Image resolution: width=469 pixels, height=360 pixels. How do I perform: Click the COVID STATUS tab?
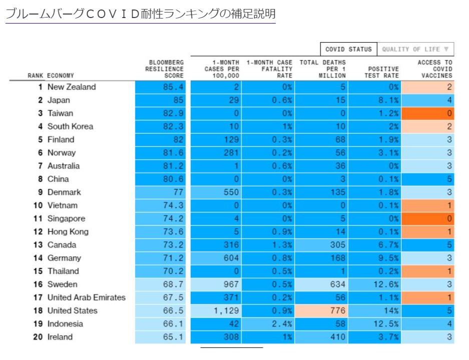click(x=348, y=49)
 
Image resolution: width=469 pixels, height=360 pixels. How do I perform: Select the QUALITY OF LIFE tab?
click(x=415, y=49)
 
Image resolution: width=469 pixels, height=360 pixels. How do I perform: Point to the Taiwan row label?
click(x=60, y=113)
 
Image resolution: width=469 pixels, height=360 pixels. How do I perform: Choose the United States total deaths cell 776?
click(x=321, y=310)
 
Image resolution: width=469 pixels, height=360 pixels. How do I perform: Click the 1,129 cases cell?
click(x=216, y=310)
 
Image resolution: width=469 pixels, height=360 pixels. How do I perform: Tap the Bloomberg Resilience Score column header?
click(x=164, y=69)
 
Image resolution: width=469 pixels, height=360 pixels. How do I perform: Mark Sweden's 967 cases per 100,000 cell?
click(x=216, y=284)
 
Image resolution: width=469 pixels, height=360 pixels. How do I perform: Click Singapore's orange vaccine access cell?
click(x=428, y=218)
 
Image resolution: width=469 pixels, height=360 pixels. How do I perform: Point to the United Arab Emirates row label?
click(x=86, y=297)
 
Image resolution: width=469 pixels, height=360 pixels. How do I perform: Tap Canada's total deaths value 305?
click(x=321, y=245)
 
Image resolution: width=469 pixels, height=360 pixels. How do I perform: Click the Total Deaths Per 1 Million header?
click(x=323, y=69)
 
